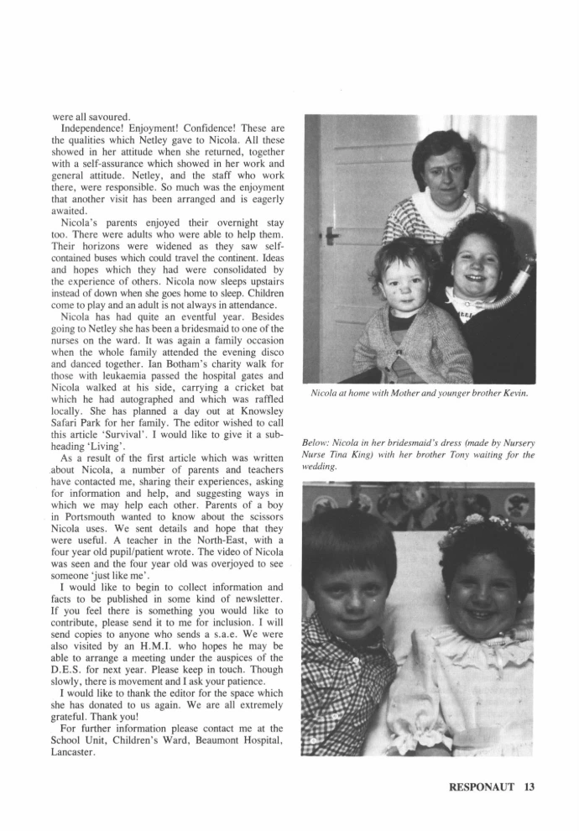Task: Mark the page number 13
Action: click(x=528, y=787)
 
